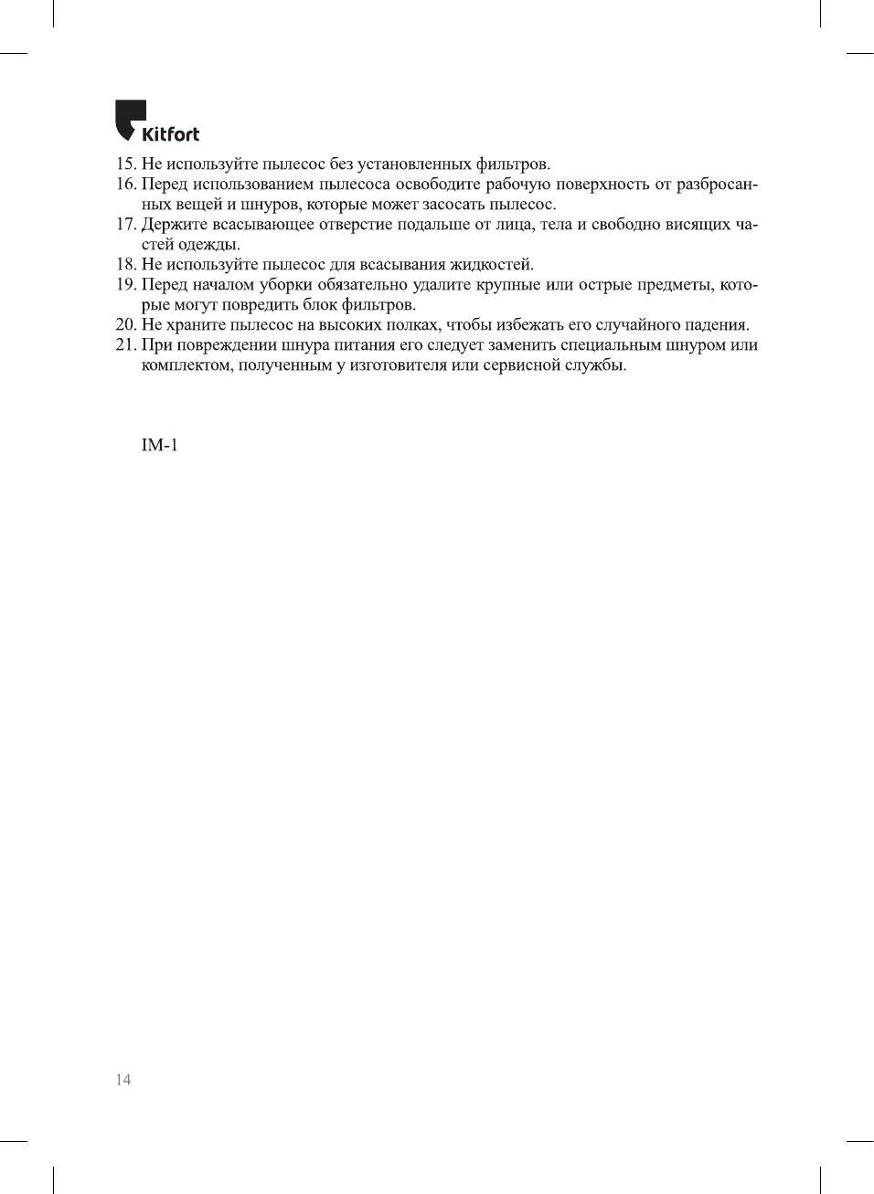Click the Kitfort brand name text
[x=170, y=134]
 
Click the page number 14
[x=123, y=1080]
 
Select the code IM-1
[x=159, y=445]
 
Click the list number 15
[x=125, y=164]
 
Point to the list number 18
[x=125, y=265]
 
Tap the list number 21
[x=125, y=345]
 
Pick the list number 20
[x=125, y=325]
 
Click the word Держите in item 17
[x=174, y=225]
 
